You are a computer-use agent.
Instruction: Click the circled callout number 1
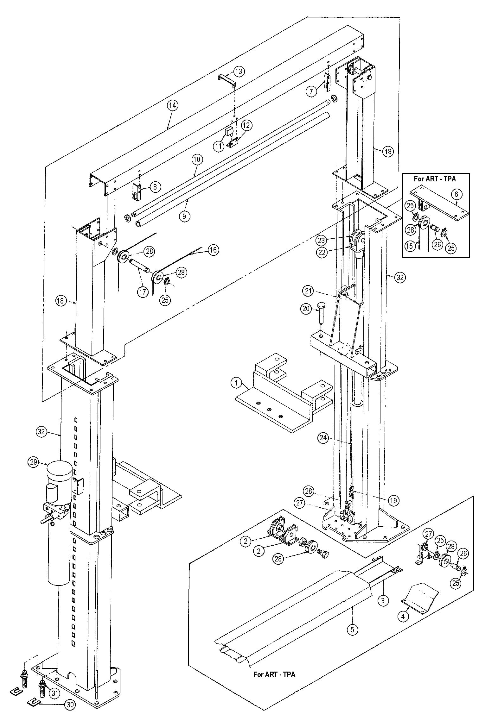click(236, 383)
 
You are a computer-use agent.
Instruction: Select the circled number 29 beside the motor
click(34, 462)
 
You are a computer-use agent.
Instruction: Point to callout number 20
click(306, 309)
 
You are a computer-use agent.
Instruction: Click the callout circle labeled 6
click(456, 194)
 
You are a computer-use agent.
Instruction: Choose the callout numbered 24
click(323, 438)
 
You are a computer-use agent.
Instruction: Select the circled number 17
click(143, 291)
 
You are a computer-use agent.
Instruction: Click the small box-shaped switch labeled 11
click(229, 131)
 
